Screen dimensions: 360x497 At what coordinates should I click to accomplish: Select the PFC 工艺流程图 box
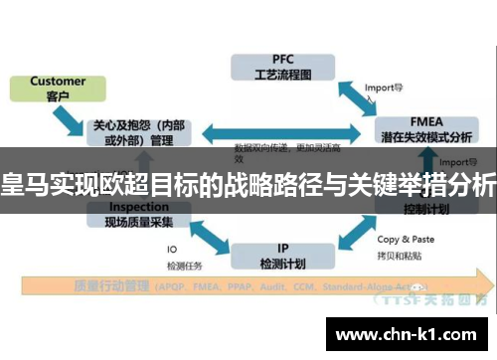pyautogui.click(x=283, y=66)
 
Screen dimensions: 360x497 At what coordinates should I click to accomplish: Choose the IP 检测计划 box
pyautogui.click(x=283, y=230)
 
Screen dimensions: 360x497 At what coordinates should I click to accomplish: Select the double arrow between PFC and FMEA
pyautogui.click(x=354, y=96)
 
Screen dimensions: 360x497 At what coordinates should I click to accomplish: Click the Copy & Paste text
pyautogui.click(x=406, y=239)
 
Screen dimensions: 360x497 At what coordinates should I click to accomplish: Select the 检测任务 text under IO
pyautogui.click(x=185, y=265)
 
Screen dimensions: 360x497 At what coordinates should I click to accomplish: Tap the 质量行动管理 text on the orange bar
pyautogui.click(x=110, y=286)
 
